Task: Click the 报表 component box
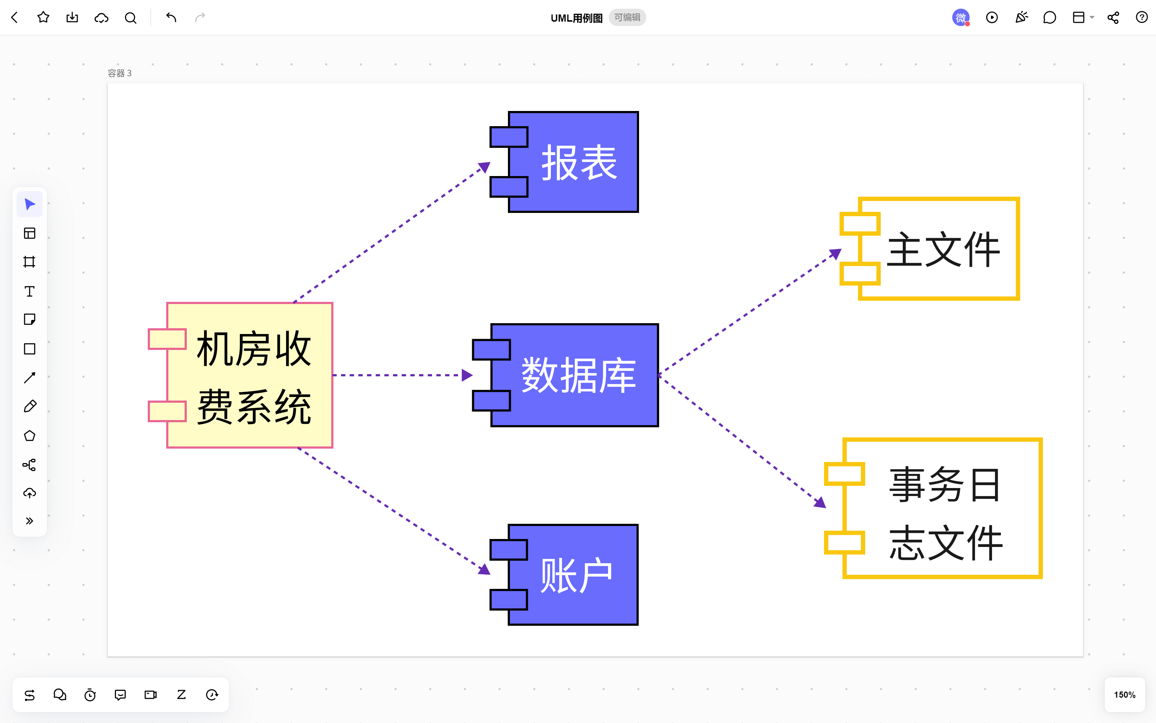tap(573, 162)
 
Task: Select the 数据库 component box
tap(574, 375)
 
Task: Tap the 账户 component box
tap(573, 575)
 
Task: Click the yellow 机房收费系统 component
tap(249, 375)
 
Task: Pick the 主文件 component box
tap(939, 249)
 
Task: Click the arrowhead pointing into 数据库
tap(467, 375)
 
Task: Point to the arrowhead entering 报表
tap(484, 167)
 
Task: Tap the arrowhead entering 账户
tap(484, 569)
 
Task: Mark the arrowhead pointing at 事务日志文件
tap(820, 502)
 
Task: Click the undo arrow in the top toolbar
tap(171, 18)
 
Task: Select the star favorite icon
tap(43, 18)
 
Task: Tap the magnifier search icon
tap(130, 18)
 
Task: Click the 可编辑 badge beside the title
tap(627, 18)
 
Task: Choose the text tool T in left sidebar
tap(30, 291)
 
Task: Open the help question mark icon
tap(1142, 18)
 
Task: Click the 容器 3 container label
tap(120, 73)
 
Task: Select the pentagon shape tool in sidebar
tap(30, 436)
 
